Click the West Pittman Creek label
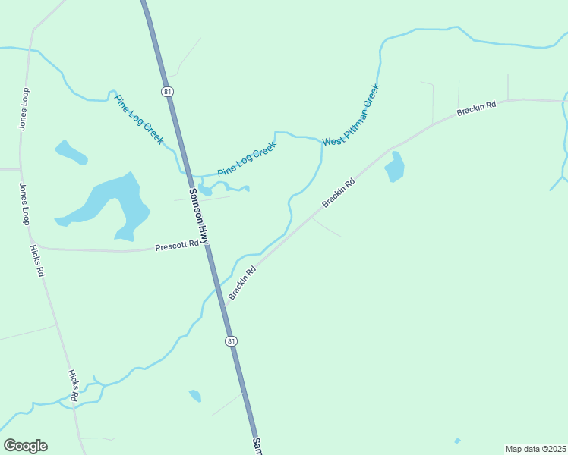(x=351, y=115)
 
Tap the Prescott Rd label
(x=177, y=246)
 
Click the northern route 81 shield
(x=166, y=92)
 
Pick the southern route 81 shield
(x=231, y=341)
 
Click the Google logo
(x=25, y=446)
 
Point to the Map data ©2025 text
(x=535, y=449)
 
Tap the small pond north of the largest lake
(x=71, y=152)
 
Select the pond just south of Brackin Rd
(x=394, y=168)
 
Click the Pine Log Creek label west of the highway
(x=139, y=118)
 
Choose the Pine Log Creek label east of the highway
(x=246, y=161)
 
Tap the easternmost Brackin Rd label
(x=476, y=108)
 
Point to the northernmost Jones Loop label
(x=24, y=108)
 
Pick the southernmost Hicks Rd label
(x=74, y=384)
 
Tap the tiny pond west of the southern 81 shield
(x=195, y=396)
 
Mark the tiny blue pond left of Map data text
(x=457, y=441)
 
